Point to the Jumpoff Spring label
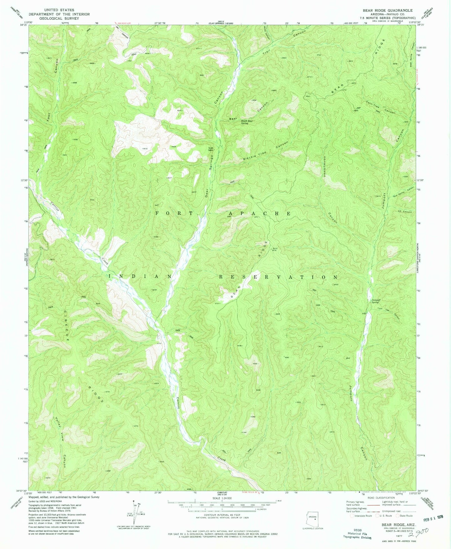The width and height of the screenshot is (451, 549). coord(375,301)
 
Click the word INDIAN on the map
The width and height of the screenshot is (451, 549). coord(140,277)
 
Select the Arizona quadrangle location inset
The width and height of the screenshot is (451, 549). coord(312,519)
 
